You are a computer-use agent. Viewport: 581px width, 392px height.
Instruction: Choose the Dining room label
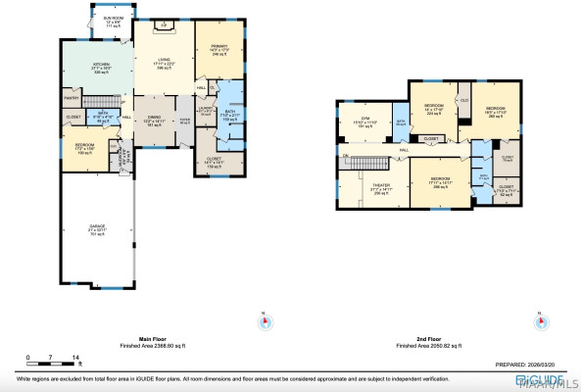[153, 121]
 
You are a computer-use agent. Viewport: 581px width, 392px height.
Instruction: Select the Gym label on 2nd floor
[364, 122]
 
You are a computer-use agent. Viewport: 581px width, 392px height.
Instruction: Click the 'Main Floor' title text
[156, 340]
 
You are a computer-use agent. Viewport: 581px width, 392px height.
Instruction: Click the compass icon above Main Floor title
[262, 319]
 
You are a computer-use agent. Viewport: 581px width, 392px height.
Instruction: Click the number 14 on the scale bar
[76, 357]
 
